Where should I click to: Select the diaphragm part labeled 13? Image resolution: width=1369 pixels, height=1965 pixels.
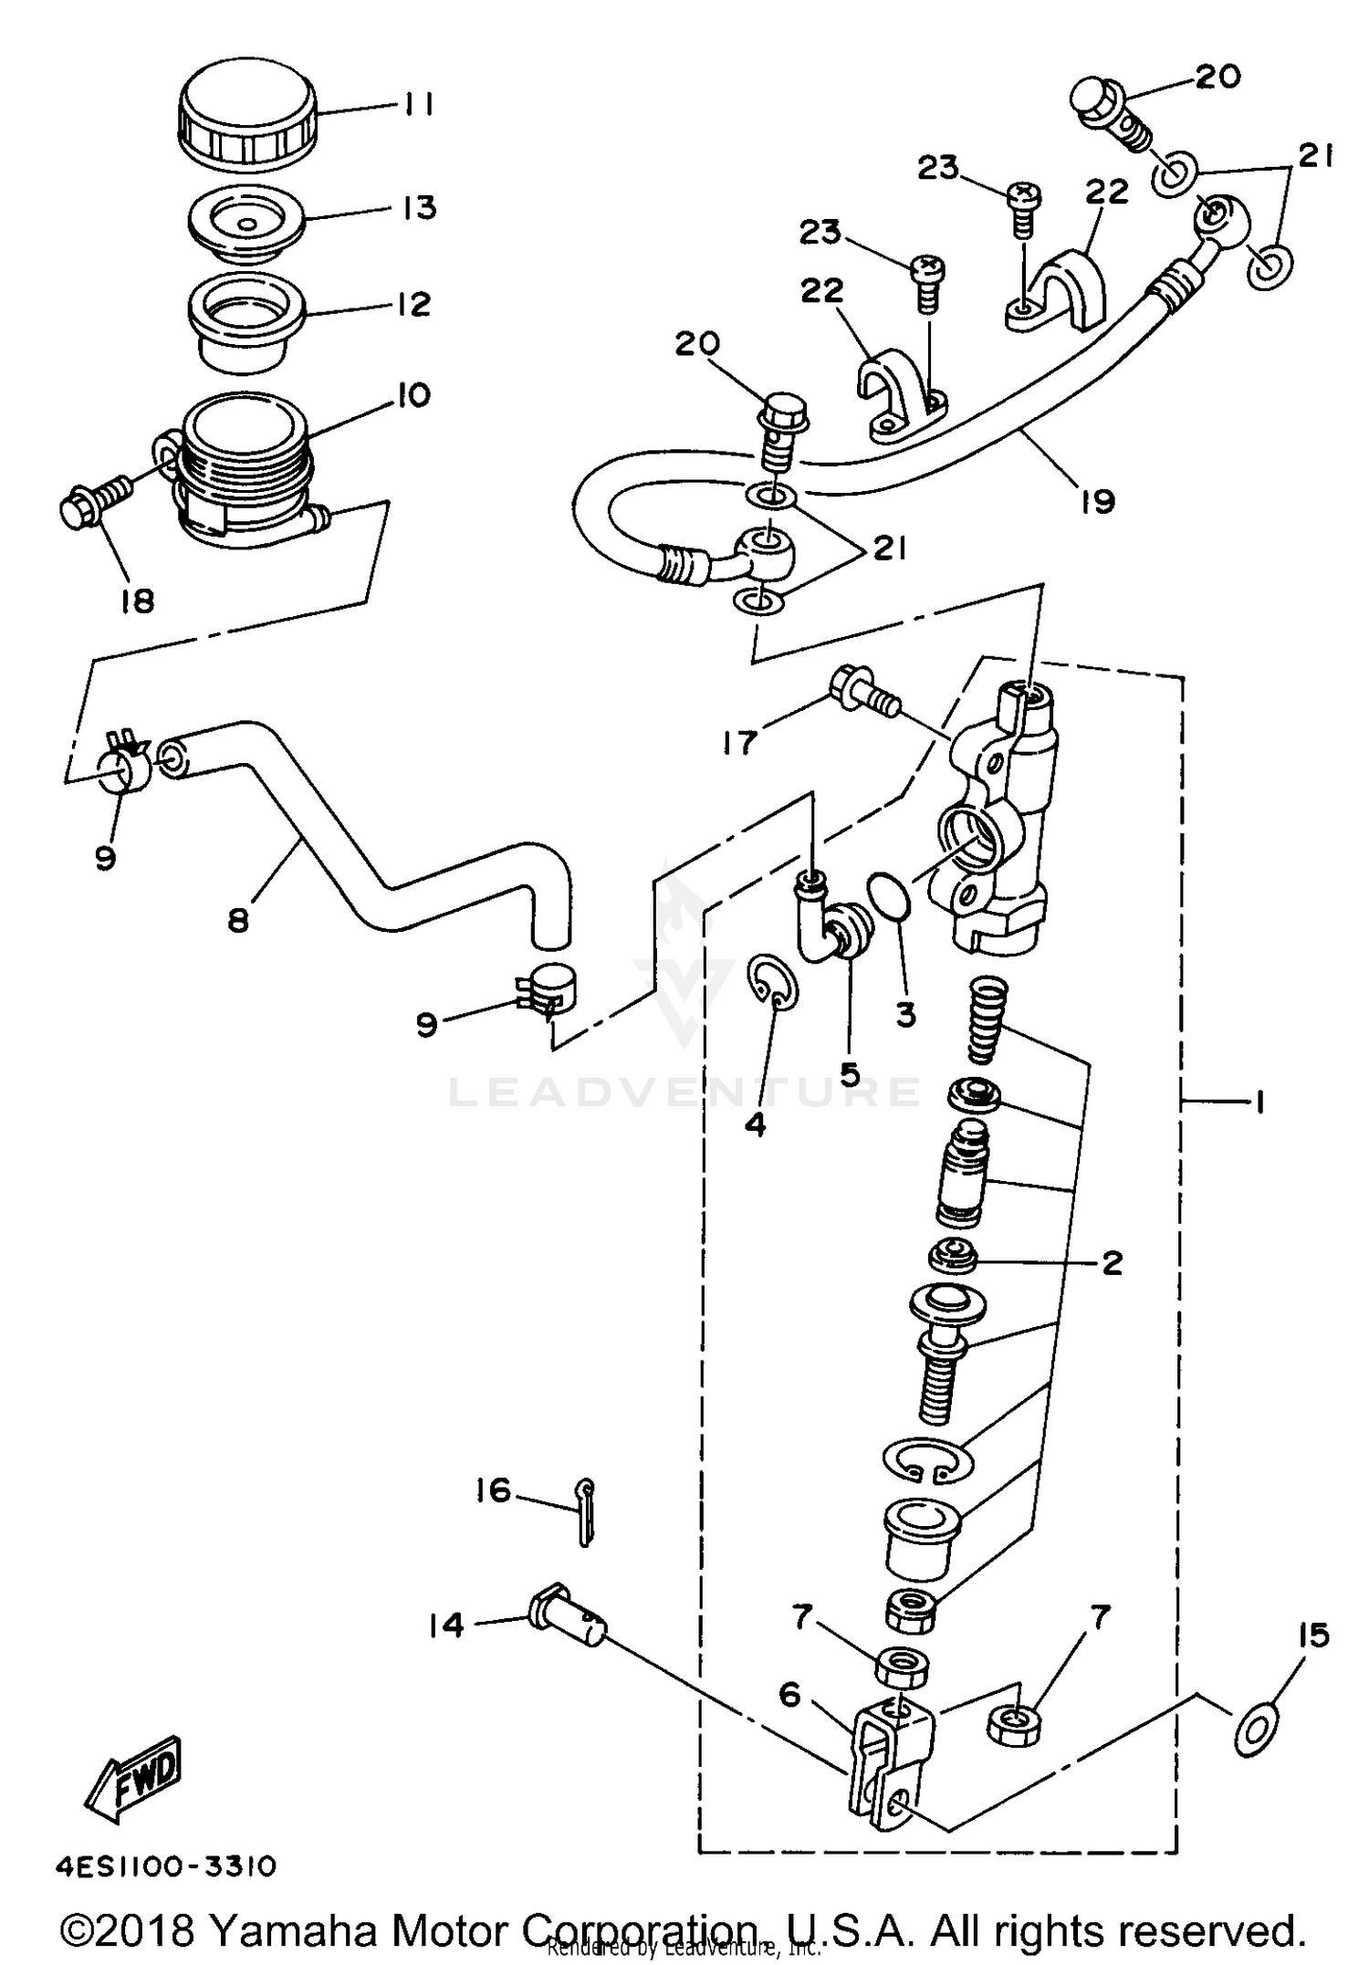[246, 224]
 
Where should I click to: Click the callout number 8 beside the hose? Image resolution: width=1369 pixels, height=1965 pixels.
[238, 921]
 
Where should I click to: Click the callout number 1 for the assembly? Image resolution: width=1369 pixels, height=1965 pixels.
[1259, 1104]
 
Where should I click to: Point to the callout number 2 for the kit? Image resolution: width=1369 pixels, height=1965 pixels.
[1112, 1263]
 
